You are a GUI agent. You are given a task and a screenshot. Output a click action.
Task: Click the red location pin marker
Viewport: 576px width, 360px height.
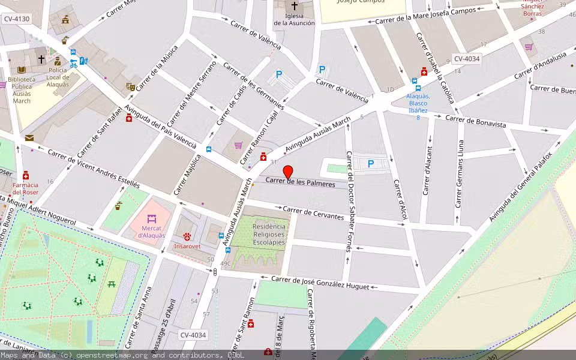point(288,172)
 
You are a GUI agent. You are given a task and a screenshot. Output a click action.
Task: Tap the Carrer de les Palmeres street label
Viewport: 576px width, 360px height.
point(300,182)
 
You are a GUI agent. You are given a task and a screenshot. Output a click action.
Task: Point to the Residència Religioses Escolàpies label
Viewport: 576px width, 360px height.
point(269,235)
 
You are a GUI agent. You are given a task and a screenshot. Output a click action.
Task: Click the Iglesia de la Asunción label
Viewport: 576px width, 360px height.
point(294,19)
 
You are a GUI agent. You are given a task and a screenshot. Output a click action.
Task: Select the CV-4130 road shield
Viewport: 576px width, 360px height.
point(17,19)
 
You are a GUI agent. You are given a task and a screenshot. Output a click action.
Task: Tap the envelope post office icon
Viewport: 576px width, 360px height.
point(29,138)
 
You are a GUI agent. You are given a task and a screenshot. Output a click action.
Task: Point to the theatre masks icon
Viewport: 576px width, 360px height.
point(131,87)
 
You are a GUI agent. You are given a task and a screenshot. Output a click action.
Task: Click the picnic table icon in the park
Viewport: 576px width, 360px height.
point(112,284)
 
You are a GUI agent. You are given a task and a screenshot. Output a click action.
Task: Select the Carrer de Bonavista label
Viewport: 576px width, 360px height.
point(476,121)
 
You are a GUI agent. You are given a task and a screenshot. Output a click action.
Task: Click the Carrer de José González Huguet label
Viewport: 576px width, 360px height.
point(320,283)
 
